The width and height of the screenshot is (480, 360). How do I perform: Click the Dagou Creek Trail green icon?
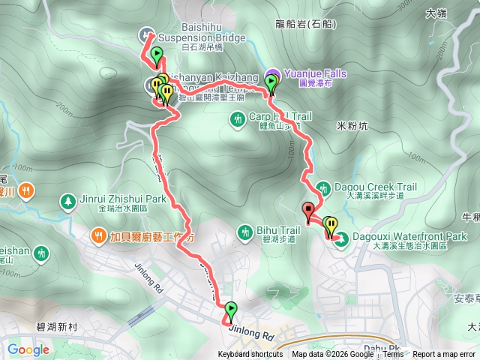pyautogui.click(x=322, y=187)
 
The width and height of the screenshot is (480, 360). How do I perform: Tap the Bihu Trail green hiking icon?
pyautogui.click(x=245, y=234)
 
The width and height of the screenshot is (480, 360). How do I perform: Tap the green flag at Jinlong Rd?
pyautogui.click(x=230, y=309)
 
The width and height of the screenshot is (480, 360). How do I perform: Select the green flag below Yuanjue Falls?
pyautogui.click(x=271, y=82)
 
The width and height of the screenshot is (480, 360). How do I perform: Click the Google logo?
pyautogui.click(x=28, y=349)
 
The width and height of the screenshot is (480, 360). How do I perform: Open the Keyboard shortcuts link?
pyautogui.click(x=250, y=355)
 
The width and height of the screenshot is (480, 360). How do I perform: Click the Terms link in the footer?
pyautogui.click(x=394, y=355)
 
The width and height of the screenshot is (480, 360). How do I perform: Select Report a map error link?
pyautogui.click(x=445, y=355)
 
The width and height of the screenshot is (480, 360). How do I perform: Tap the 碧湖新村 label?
pyautogui.click(x=61, y=326)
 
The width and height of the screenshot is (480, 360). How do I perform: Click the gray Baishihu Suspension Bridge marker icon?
pyautogui.click(x=146, y=34)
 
